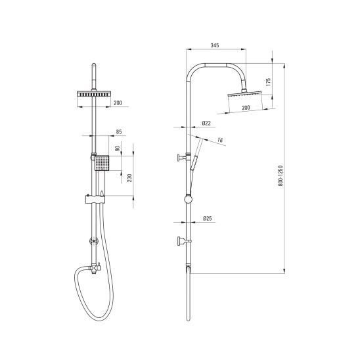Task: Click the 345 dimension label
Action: tap(215, 45)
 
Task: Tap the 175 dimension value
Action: tap(268, 82)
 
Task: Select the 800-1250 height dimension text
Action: tap(281, 175)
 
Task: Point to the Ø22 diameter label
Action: tap(206, 124)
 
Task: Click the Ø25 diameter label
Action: tap(208, 218)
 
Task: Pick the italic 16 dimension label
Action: tap(220, 140)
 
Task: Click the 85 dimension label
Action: tap(119, 132)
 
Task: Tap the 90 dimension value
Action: tap(118, 148)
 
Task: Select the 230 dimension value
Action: tap(129, 178)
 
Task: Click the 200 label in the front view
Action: tap(118, 103)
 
